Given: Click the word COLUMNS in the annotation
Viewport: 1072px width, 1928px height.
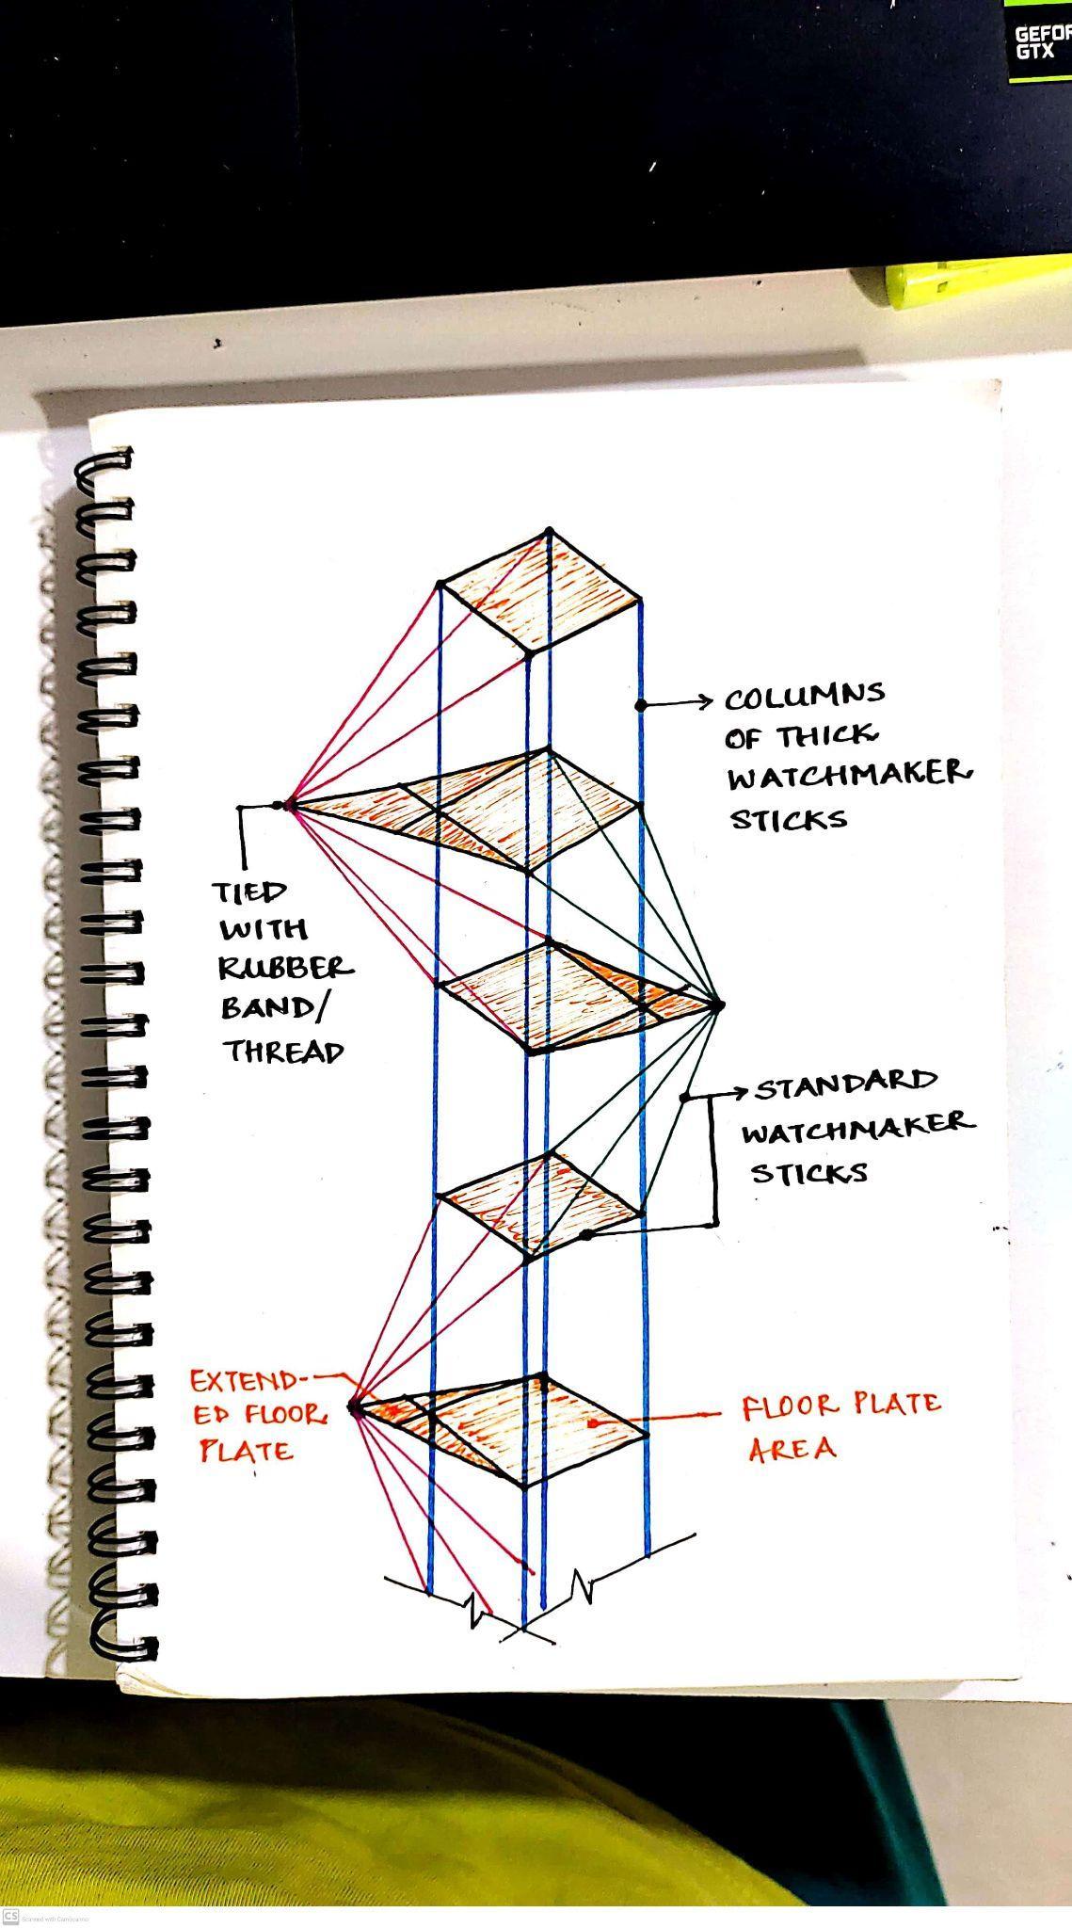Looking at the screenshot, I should coord(805,697).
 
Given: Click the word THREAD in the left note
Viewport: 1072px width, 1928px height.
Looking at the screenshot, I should coord(282,1051).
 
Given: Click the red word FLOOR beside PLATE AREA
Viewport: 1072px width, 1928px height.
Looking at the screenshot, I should coord(789,1407).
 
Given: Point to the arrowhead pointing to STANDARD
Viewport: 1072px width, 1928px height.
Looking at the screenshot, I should coord(740,1092).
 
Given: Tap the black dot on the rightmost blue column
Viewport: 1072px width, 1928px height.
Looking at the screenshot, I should coord(640,704).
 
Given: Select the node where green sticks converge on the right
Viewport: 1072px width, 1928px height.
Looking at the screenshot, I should coord(717,1005).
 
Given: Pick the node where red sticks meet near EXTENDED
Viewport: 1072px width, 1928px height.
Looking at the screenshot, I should coord(355,1409).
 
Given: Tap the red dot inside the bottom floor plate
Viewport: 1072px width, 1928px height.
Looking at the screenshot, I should coord(591,1424).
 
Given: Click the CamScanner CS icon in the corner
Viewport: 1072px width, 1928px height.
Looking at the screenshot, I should coord(11,1917).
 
